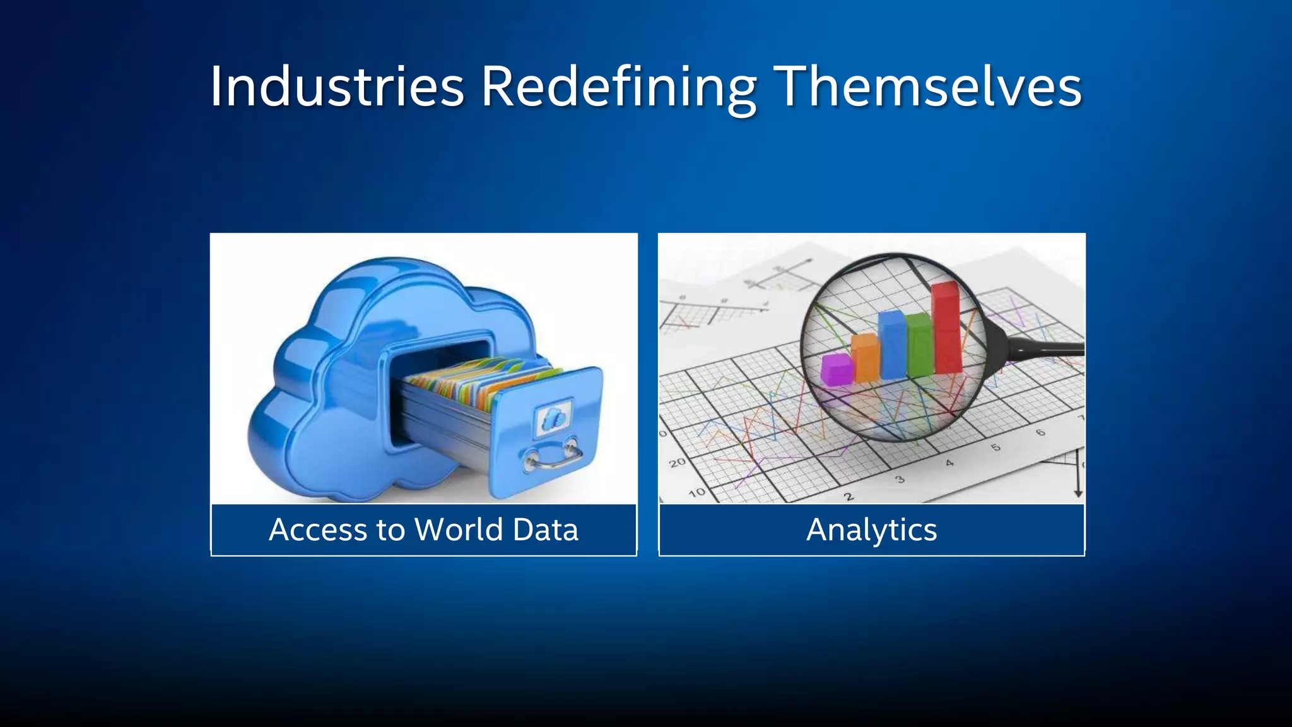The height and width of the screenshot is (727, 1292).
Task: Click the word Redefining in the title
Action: [x=618, y=86]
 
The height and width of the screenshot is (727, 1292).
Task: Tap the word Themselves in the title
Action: [x=927, y=86]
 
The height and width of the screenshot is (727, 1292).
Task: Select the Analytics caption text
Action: [x=871, y=529]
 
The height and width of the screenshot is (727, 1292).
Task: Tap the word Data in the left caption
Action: [x=546, y=529]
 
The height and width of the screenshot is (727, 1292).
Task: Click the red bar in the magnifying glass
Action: [x=946, y=328]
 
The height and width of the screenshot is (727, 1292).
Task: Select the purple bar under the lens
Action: [x=837, y=370]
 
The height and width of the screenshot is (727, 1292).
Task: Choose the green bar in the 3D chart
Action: [x=919, y=346]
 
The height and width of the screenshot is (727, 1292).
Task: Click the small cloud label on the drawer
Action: [x=554, y=418]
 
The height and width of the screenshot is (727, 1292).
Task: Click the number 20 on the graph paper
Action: [x=677, y=463]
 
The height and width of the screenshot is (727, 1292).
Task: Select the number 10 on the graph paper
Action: [x=696, y=492]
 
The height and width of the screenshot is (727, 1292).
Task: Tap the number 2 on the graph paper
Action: [x=849, y=497]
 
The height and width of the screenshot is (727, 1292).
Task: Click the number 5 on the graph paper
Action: [x=995, y=447]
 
